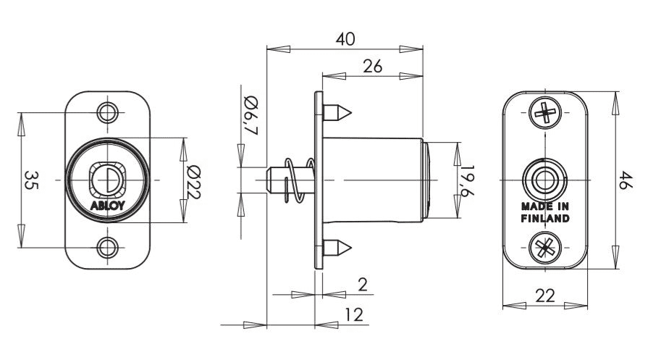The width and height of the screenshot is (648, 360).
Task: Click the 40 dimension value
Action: (345, 39)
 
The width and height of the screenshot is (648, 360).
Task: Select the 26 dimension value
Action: (372, 66)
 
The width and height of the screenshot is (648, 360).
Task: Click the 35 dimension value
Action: (31, 180)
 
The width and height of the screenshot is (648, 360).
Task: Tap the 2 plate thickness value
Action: (362, 285)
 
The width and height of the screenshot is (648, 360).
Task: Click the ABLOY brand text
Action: (108, 205)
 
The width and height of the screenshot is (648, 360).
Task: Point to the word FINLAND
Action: (544, 218)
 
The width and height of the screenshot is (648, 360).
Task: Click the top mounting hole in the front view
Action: (108, 112)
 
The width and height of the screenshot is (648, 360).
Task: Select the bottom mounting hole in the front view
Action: (108, 247)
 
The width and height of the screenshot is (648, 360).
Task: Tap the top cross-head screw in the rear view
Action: (544, 112)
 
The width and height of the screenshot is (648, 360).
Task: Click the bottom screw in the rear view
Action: (544, 248)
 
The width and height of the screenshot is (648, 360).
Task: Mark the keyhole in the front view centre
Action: (108, 178)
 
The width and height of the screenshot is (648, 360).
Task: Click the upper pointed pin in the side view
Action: (337, 113)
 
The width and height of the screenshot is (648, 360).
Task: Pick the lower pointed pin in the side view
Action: (337, 248)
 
